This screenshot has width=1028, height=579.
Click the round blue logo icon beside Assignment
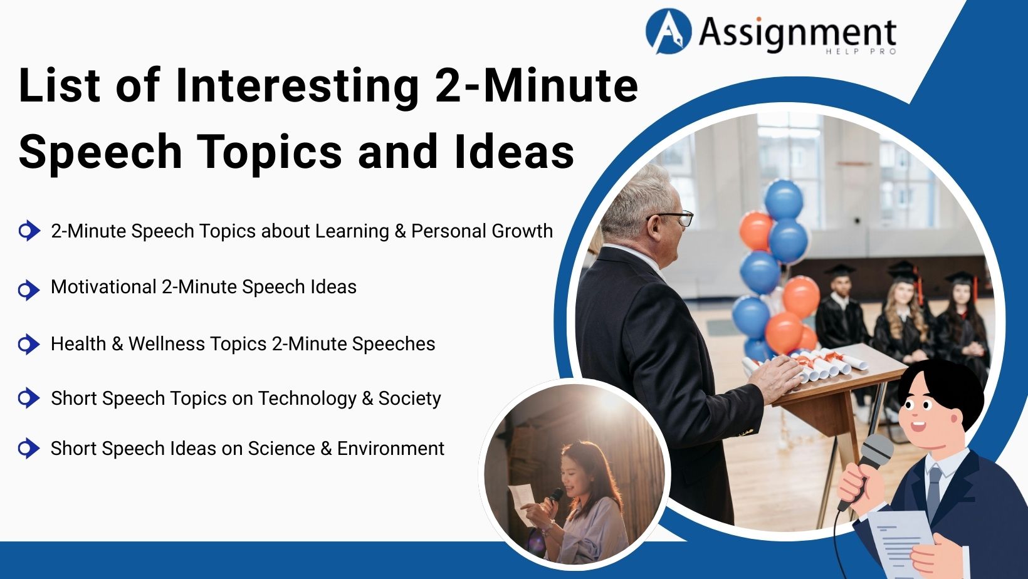pos(668,31)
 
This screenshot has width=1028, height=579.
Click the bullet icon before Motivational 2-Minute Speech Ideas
pos(28,289)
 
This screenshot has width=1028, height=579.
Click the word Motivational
pos(103,287)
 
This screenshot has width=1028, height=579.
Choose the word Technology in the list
pos(307,399)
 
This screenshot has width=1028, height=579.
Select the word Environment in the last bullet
pos(391,449)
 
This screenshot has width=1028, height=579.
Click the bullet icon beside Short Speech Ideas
pos(28,449)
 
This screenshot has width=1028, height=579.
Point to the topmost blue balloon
pos(784,199)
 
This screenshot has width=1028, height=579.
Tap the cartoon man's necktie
pos(933,488)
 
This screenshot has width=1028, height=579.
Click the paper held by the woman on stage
pos(522,497)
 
